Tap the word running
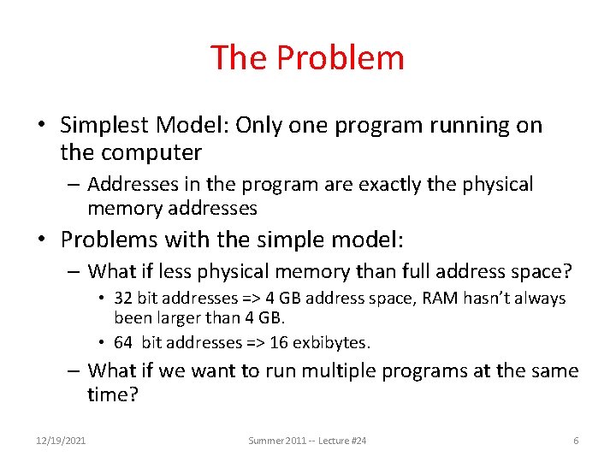pyautogui.click(x=457, y=126)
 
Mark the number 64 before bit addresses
pyautogui.click(x=124, y=342)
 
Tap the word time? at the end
pyautogui.click(x=113, y=394)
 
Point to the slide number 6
pyautogui.click(x=576, y=440)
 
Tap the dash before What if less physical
pyautogui.click(x=75, y=272)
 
